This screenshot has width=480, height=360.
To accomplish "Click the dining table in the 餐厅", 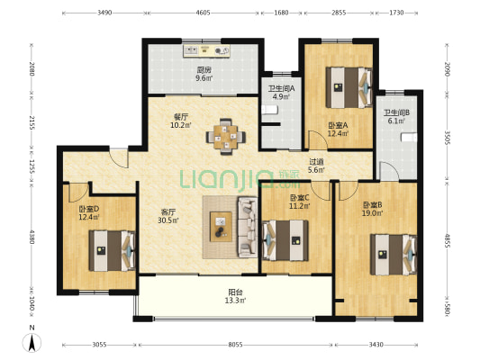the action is [226, 137].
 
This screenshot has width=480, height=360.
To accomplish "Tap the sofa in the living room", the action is [248, 227].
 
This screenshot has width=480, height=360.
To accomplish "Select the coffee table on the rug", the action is [221, 227].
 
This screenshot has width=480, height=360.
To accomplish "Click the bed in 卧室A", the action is [349, 87].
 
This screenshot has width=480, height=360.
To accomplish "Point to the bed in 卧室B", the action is [394, 255].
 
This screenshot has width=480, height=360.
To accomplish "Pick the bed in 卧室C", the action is [285, 240].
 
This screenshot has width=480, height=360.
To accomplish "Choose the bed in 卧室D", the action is [112, 251].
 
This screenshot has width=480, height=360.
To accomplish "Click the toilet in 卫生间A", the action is [269, 110].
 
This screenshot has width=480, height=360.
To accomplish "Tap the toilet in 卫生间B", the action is [409, 138].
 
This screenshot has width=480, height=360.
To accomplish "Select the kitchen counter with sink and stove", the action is [206, 51].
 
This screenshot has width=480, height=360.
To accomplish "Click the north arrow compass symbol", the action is [32, 342].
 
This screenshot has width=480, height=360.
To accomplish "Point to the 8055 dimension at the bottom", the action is [235, 345].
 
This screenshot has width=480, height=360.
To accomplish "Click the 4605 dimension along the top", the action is [203, 13].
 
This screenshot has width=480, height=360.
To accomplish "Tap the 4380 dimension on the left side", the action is [32, 237].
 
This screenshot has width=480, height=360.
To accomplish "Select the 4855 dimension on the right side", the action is [447, 241].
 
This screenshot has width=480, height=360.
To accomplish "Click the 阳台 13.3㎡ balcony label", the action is [235, 296].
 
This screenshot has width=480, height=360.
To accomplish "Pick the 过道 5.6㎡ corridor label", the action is [316, 166].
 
